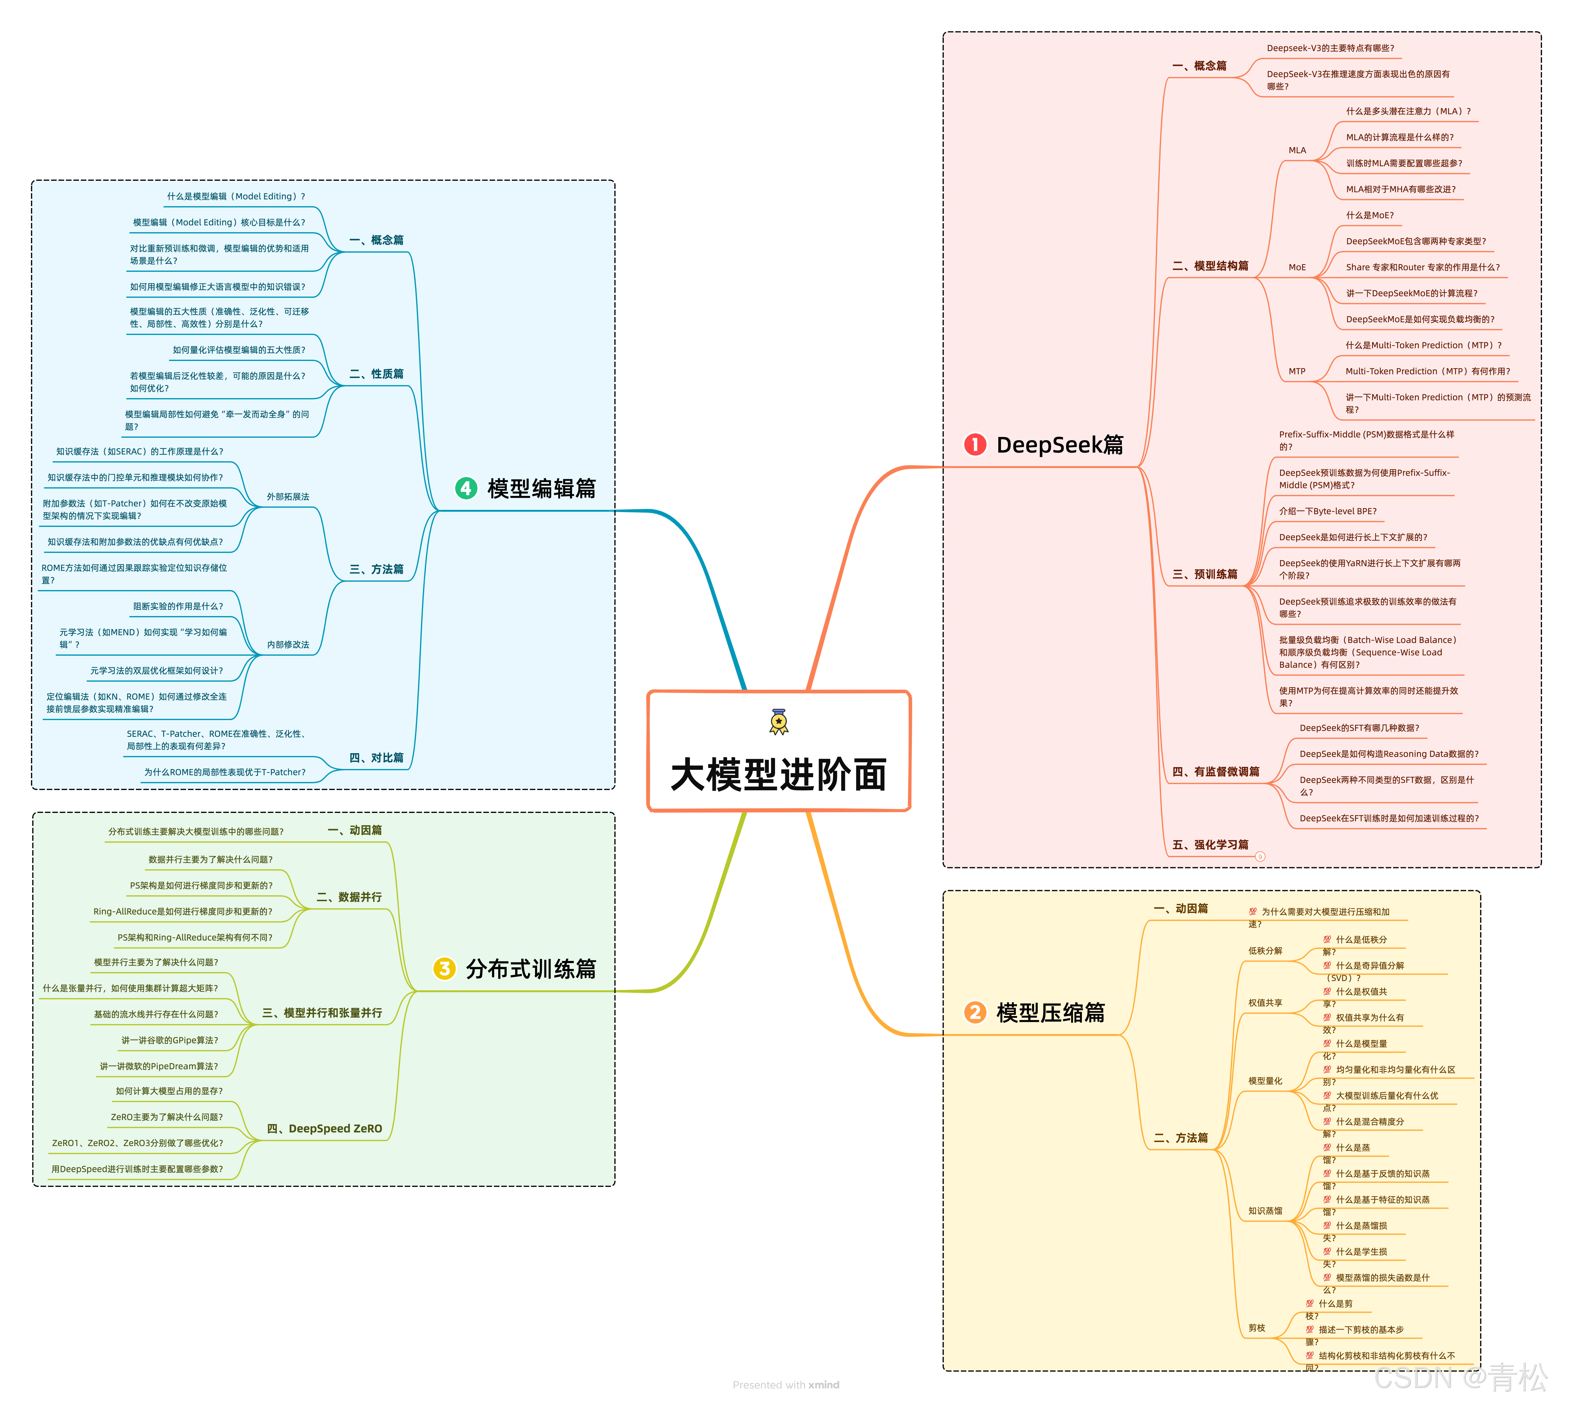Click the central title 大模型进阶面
[779, 775]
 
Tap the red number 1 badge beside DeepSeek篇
[975, 445]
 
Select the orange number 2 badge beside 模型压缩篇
[975, 1012]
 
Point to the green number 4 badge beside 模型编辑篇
[466, 488]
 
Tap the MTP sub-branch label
[1297, 371]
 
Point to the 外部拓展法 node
[288, 497]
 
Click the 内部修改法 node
[288, 645]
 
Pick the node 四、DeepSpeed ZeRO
[324, 1129]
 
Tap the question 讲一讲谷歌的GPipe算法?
[170, 1041]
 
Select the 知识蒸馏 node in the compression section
[1265, 1211]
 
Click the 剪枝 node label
[1257, 1328]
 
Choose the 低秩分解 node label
[1265, 950]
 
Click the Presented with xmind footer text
[786, 1384]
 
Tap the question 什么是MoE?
[1370, 216]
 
